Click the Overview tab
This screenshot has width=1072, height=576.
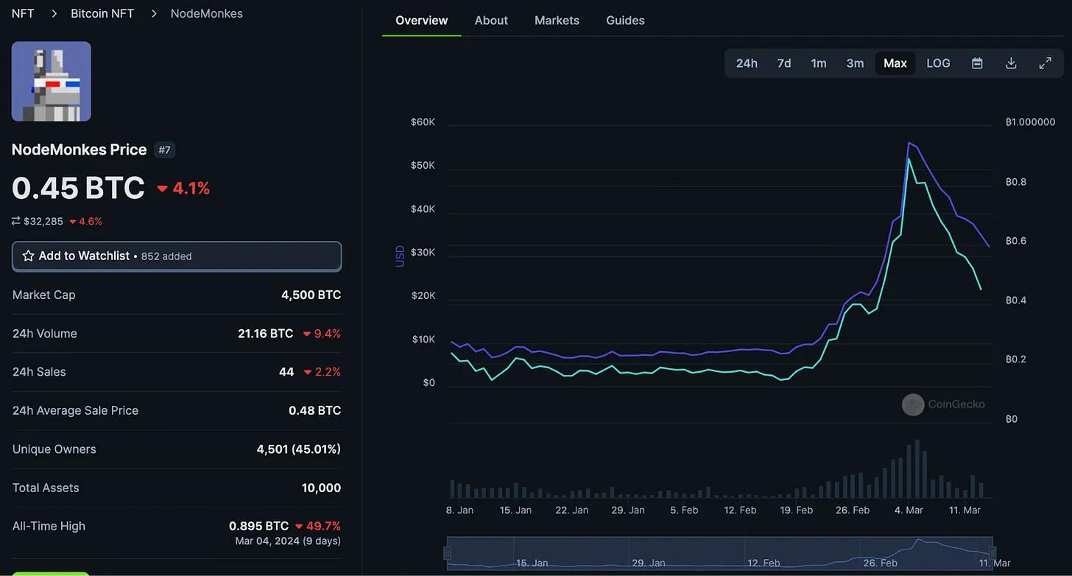pyautogui.click(x=421, y=21)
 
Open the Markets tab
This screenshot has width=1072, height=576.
pyautogui.click(x=557, y=21)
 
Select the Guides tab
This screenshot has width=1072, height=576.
pyautogui.click(x=625, y=21)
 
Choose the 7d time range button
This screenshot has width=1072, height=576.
pyautogui.click(x=784, y=63)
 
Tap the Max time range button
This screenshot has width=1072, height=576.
pyautogui.click(x=895, y=63)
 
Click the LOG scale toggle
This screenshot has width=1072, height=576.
pyautogui.click(x=938, y=63)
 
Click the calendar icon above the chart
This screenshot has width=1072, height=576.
pyautogui.click(x=977, y=63)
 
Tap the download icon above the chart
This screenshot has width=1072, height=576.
pyautogui.click(x=1011, y=63)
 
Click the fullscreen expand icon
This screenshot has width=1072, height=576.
pyautogui.click(x=1045, y=63)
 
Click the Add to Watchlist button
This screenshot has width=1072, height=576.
pyautogui.click(x=177, y=256)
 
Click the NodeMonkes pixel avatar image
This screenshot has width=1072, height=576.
pyautogui.click(x=52, y=81)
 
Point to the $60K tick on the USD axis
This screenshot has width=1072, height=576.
pyautogui.click(x=423, y=122)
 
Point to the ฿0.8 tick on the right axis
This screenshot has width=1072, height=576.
pyautogui.click(x=1016, y=182)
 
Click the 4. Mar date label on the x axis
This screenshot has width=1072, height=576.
pyautogui.click(x=909, y=510)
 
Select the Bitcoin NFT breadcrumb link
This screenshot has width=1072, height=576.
pyautogui.click(x=102, y=13)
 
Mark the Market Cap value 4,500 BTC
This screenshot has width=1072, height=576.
pyautogui.click(x=311, y=295)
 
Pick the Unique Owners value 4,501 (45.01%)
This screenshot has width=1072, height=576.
pyautogui.click(x=298, y=449)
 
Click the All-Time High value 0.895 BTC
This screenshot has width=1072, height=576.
pyautogui.click(x=258, y=526)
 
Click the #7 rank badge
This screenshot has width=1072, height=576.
pyautogui.click(x=164, y=150)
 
